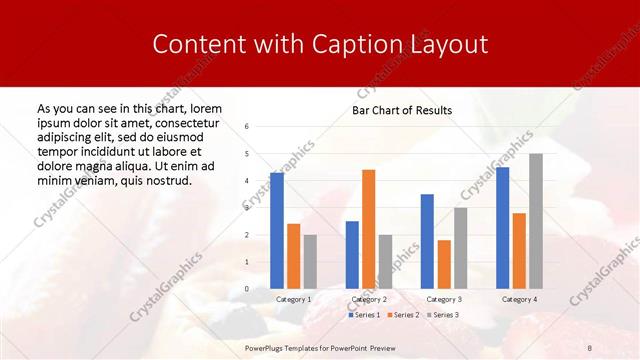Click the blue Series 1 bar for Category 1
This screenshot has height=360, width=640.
(x=277, y=231)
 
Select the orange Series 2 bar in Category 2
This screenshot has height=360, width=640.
(x=368, y=229)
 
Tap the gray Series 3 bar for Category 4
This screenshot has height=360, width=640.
(x=536, y=221)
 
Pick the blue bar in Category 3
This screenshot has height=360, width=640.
(x=427, y=241)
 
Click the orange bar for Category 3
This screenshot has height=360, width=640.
(x=444, y=264)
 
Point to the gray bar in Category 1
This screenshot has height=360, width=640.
(x=310, y=262)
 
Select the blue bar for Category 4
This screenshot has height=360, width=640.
(x=502, y=228)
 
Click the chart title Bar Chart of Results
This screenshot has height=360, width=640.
(x=402, y=110)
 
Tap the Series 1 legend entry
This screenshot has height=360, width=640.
(x=364, y=315)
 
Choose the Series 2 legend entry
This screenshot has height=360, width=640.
(x=401, y=315)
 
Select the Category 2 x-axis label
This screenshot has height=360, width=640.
(x=369, y=299)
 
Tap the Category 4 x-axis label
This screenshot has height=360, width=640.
(x=519, y=299)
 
